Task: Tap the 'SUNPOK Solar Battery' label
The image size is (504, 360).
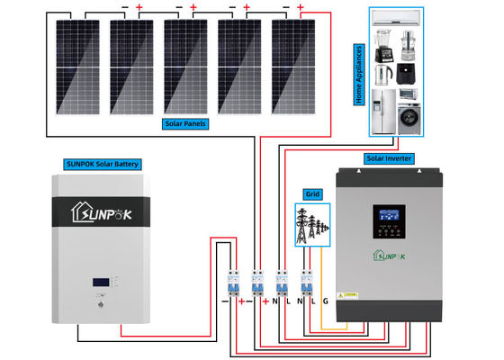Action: click(104, 163)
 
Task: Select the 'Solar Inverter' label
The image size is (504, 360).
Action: click(389, 158)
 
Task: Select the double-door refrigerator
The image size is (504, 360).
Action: click(383, 109)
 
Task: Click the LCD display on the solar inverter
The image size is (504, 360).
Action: click(389, 216)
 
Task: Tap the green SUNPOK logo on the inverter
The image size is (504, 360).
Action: click(389, 255)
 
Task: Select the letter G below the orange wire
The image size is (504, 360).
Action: click(325, 301)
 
